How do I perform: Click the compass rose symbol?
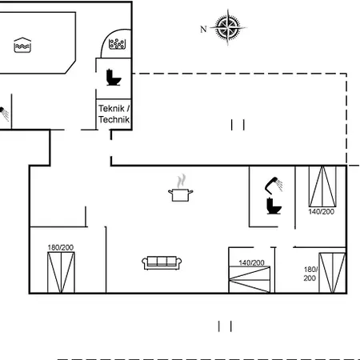[x=228, y=27]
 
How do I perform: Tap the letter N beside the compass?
[x=203, y=29]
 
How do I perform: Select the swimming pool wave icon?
[x=22, y=45]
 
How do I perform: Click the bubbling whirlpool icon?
[x=117, y=44]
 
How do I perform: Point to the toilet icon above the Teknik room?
[x=114, y=78]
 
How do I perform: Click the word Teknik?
[x=111, y=108]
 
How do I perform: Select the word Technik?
[x=114, y=119]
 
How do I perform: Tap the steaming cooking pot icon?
[x=181, y=188]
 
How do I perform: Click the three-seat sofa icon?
[x=162, y=263]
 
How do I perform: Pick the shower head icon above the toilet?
[x=274, y=185]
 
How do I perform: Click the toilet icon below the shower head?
[x=274, y=206]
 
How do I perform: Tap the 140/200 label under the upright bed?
[x=321, y=212]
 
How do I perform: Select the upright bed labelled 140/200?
[x=322, y=186]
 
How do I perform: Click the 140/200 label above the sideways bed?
[x=251, y=263]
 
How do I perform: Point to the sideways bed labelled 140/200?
[x=250, y=280]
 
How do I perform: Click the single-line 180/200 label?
[x=61, y=247]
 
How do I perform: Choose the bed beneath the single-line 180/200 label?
[x=61, y=273]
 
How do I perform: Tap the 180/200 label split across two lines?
[x=310, y=274]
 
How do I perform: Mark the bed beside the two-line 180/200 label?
[x=333, y=273]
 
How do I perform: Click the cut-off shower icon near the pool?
[x=4, y=114]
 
